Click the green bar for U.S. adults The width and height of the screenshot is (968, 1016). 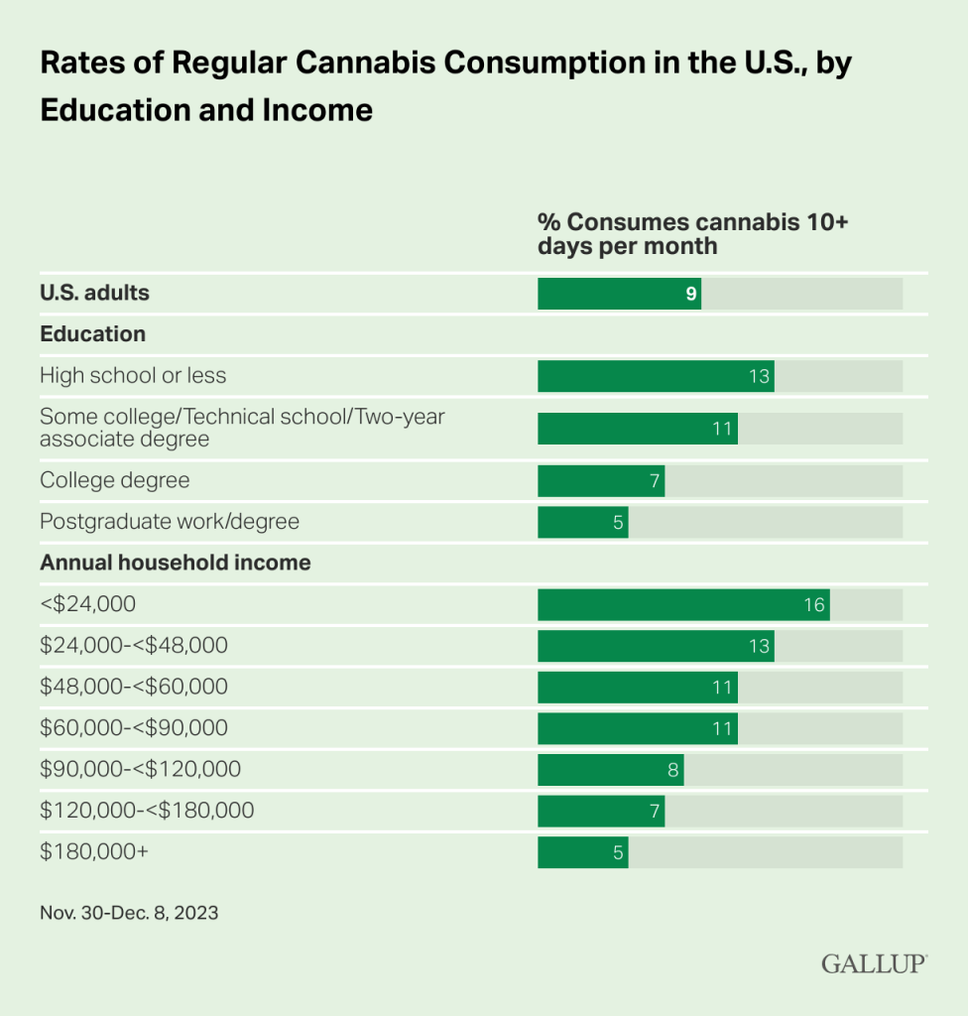click(x=619, y=294)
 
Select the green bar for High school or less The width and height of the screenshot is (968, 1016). click(x=656, y=376)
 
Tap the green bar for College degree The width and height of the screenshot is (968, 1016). click(x=601, y=481)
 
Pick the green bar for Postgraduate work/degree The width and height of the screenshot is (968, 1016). click(x=583, y=522)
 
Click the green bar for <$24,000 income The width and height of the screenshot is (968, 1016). click(x=683, y=604)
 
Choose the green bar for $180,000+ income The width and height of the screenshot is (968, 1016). click(x=583, y=852)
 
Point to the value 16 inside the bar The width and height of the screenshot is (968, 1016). click(x=813, y=604)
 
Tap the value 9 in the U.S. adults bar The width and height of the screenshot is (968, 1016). click(x=691, y=294)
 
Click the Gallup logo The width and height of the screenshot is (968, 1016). click(x=874, y=963)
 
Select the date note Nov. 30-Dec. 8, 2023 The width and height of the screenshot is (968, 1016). click(x=129, y=913)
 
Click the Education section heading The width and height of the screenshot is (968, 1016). click(x=92, y=334)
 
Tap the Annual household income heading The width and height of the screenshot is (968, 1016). click(x=175, y=563)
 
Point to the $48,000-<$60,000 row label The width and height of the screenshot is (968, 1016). click(x=134, y=687)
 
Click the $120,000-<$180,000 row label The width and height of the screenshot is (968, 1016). click(x=147, y=811)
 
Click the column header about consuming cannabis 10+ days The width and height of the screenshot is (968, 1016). click(x=692, y=232)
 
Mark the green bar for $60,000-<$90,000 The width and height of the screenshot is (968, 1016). click(x=637, y=728)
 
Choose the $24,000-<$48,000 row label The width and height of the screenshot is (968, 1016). click(x=134, y=646)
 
